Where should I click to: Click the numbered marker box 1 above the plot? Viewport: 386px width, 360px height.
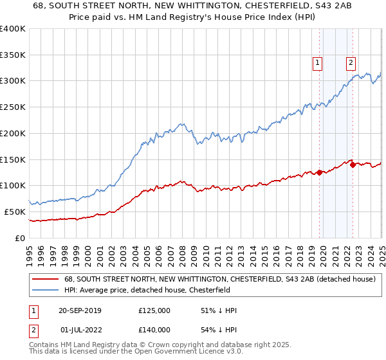coord(318,62)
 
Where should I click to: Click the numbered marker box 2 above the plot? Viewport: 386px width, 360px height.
coord(351,62)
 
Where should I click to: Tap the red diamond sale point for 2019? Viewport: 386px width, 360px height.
coord(319,172)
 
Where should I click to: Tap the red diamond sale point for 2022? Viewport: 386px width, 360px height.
coord(352,165)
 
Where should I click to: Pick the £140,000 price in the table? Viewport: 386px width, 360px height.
coord(154,330)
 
